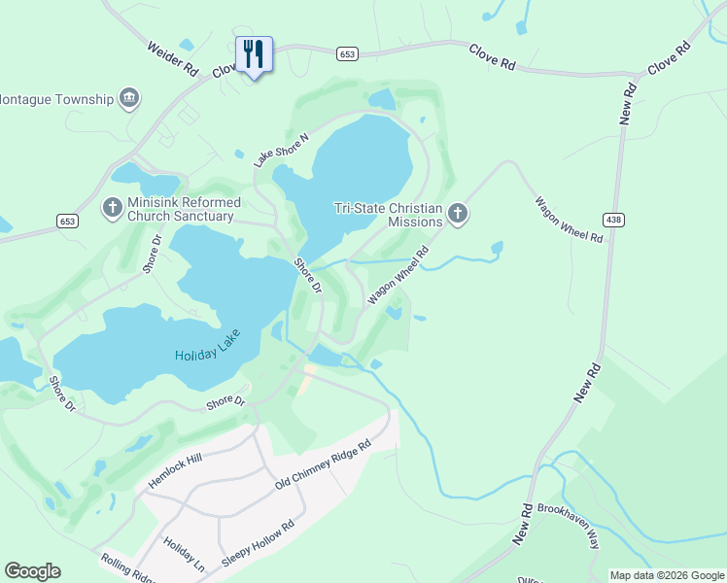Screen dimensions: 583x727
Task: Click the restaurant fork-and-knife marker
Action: click(x=254, y=54)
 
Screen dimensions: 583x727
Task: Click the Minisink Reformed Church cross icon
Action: click(x=113, y=208)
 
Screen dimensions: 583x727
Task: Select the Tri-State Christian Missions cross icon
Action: click(x=457, y=214)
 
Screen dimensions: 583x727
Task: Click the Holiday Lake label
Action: click(x=207, y=349)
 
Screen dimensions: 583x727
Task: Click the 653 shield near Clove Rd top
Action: click(x=347, y=54)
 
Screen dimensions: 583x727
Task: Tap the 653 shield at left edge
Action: click(x=67, y=222)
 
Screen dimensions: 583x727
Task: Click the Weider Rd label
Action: click(x=173, y=58)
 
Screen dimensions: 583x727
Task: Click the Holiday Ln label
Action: click(x=185, y=554)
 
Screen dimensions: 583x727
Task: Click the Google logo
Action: click(x=32, y=571)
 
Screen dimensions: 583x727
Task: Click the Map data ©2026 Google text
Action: click(x=667, y=575)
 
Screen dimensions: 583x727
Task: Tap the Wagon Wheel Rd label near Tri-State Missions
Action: click(x=398, y=277)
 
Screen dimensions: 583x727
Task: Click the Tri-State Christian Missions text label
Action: click(x=389, y=214)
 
